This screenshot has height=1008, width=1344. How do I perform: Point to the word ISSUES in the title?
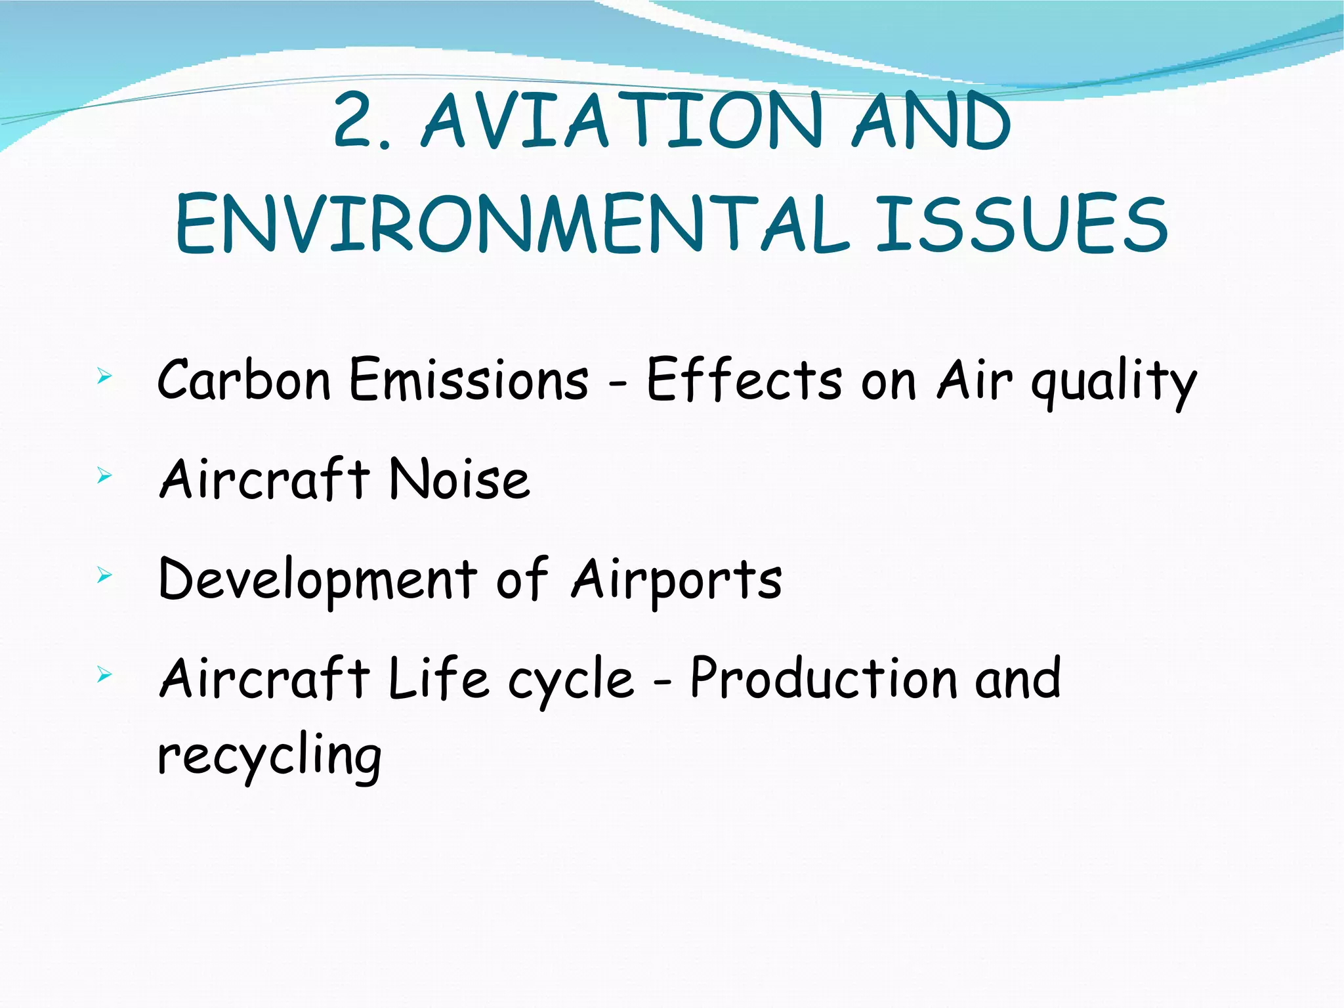[1022, 224]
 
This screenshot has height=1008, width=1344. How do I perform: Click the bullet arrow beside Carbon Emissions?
[104, 377]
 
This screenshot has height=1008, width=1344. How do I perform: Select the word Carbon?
[243, 380]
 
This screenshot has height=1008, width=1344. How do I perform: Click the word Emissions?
[469, 380]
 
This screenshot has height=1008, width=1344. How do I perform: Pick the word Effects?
[744, 380]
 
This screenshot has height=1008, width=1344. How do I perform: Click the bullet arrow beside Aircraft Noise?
[104, 475]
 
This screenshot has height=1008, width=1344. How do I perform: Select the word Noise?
[459, 479]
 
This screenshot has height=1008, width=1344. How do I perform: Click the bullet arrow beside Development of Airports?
[104, 576]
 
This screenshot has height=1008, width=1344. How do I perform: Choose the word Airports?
[677, 581]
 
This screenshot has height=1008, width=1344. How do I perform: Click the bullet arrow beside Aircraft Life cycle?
[104, 674]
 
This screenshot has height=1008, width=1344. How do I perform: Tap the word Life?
[438, 678]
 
